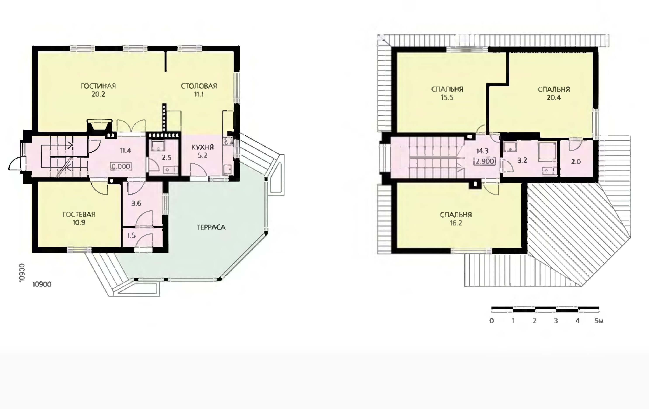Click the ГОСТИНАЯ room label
point(98,86)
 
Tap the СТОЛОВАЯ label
point(199,86)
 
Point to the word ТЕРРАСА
point(211,227)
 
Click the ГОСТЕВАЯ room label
point(79,215)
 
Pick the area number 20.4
point(554,97)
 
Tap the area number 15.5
point(447,97)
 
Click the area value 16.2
point(456,223)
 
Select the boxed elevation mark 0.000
point(121,166)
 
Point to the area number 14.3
point(482,151)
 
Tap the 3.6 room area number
point(136,203)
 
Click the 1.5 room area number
point(132,236)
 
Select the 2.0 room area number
point(576,162)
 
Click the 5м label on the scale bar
point(599,321)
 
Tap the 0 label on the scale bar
point(492,321)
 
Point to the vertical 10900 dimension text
point(22,273)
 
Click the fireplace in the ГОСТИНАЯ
point(99,126)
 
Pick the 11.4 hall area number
point(125,150)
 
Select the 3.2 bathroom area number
point(522,160)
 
